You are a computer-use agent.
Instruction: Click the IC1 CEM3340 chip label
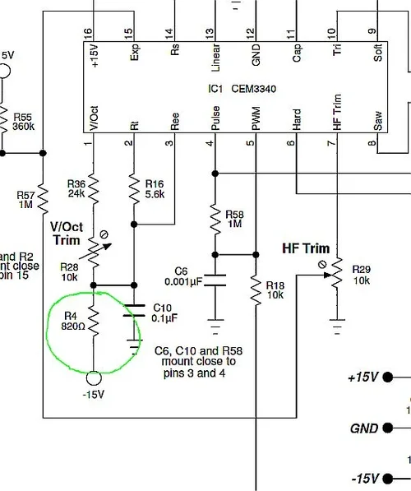click(x=234, y=85)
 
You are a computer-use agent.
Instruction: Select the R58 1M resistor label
click(x=236, y=218)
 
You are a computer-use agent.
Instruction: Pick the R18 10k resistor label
click(x=275, y=289)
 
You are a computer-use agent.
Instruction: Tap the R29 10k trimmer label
click(x=361, y=275)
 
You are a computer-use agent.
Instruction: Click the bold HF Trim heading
click(x=305, y=248)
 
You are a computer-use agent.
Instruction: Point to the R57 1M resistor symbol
click(x=42, y=198)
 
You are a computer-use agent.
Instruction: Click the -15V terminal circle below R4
click(x=94, y=378)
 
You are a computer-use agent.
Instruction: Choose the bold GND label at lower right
click(x=363, y=428)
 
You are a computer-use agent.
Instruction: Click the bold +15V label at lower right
click(x=363, y=378)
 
